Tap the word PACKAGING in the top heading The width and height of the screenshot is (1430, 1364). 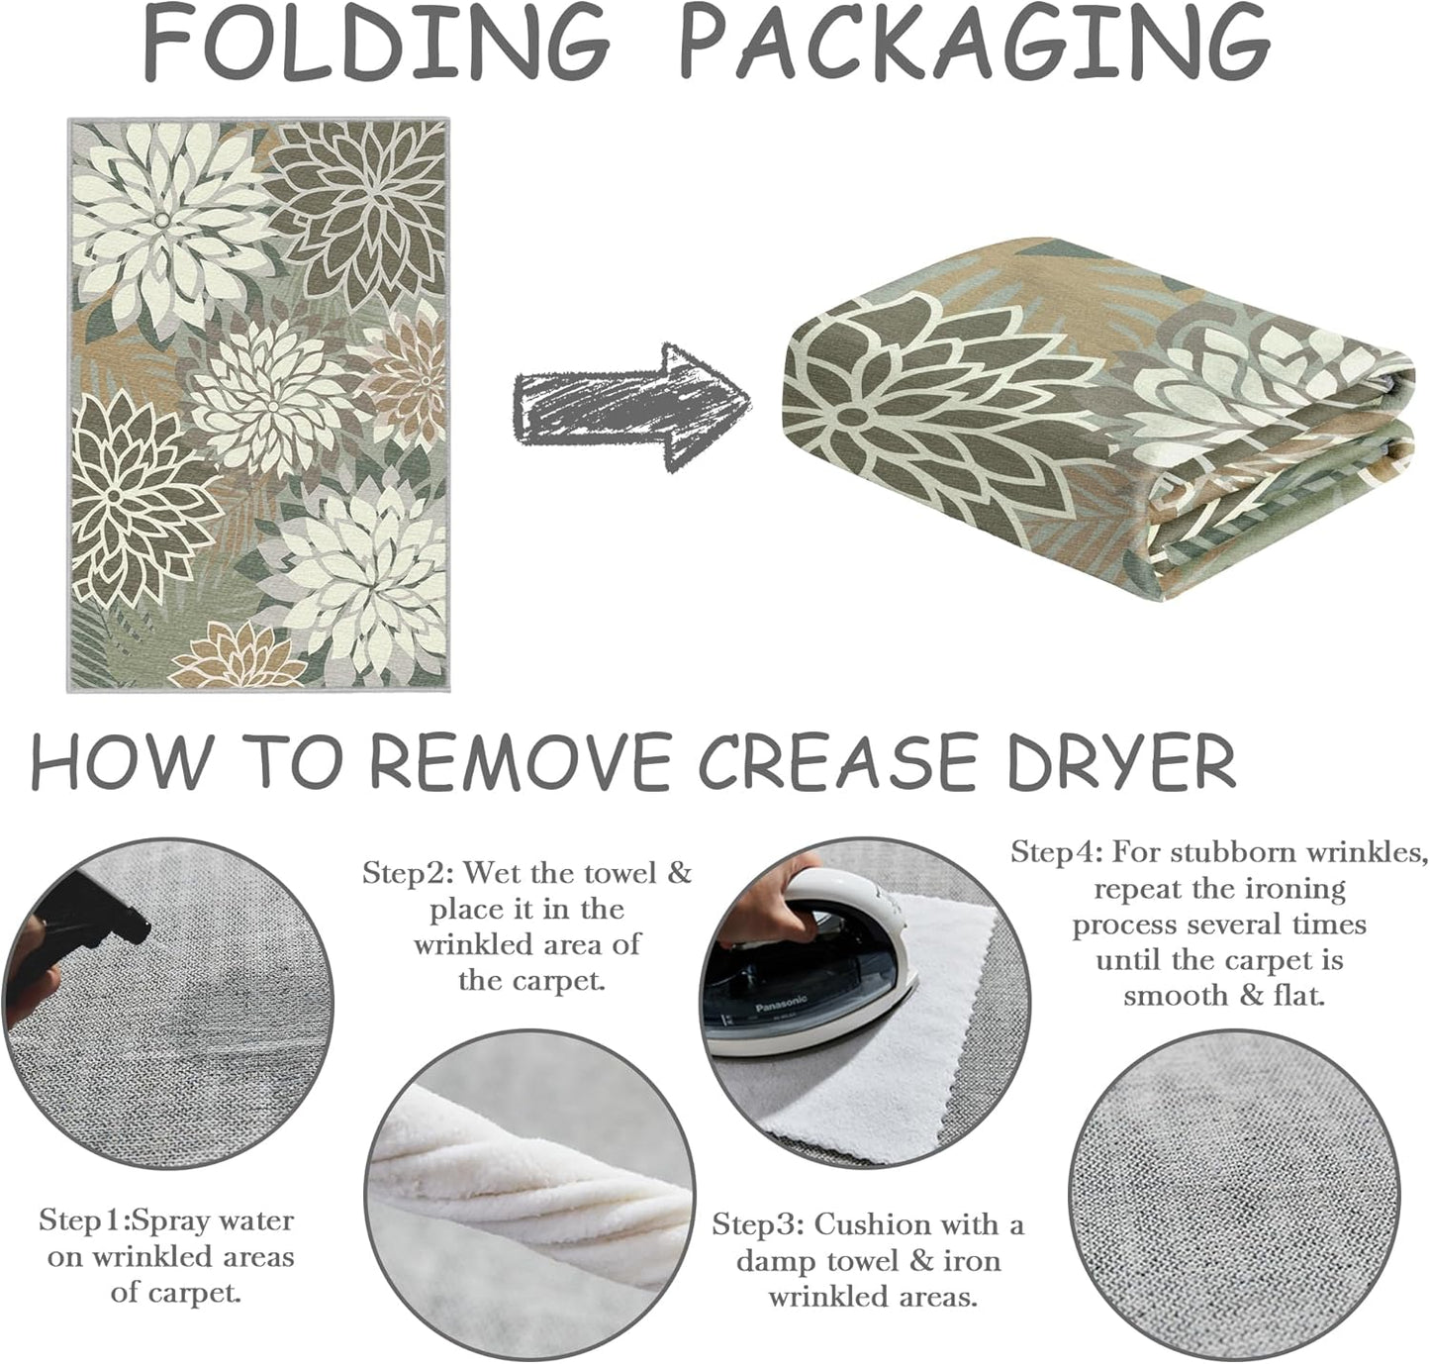[x=975, y=44]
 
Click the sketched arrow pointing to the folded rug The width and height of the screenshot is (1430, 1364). [x=632, y=408]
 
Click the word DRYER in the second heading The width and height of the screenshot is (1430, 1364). [x=1121, y=761]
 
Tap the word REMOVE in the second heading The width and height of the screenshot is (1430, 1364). [x=521, y=761]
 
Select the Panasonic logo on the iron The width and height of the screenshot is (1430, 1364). [x=781, y=1006]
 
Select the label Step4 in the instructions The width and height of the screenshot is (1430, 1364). [x=1056, y=852]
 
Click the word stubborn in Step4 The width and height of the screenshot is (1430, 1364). [x=1234, y=852]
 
